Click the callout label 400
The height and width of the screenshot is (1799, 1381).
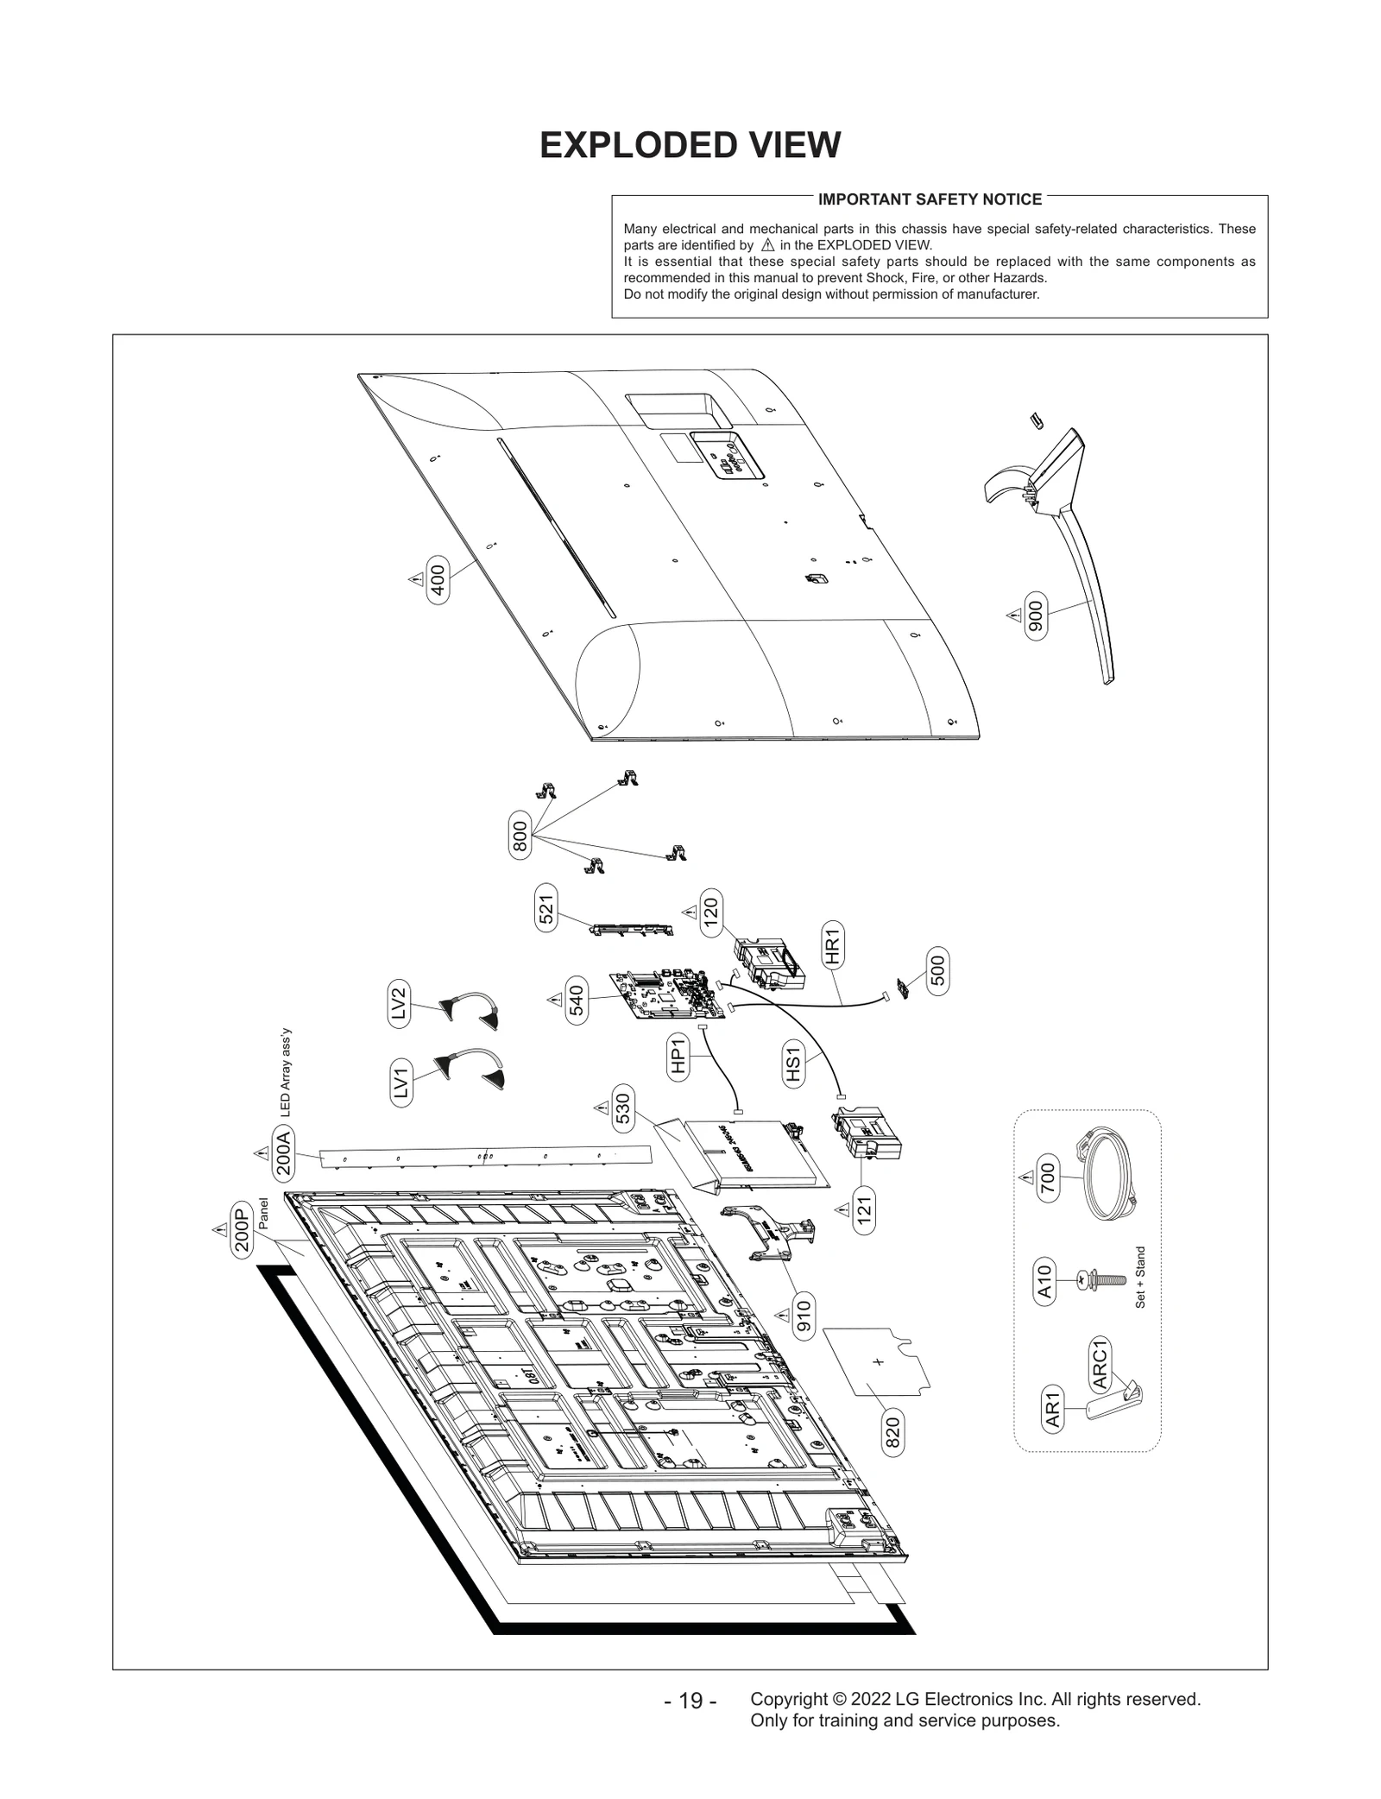coord(438,579)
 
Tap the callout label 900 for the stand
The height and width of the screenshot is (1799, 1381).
coord(1036,615)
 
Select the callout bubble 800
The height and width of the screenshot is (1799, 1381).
coord(520,836)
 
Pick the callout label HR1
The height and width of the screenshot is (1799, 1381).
coord(832,944)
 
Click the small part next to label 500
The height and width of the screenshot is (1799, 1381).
coord(904,988)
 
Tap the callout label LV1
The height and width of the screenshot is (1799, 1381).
coord(400,1083)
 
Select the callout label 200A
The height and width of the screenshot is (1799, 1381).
coord(284,1153)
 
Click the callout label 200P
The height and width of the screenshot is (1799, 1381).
coord(242,1228)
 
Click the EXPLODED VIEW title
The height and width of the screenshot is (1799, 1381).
coord(690,145)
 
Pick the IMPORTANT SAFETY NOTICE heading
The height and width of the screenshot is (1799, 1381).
coord(930,199)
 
